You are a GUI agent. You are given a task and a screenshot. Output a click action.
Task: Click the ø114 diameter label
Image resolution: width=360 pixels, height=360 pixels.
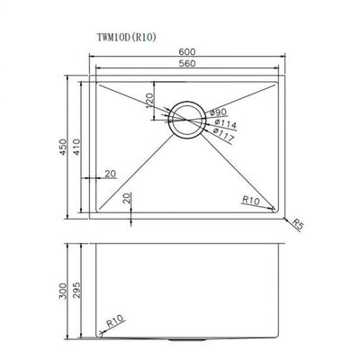click(224, 124)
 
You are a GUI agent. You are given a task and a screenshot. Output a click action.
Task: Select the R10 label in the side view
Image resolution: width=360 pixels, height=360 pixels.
click(112, 318)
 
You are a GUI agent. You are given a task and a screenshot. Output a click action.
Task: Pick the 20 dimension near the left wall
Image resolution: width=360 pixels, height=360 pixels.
click(110, 171)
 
